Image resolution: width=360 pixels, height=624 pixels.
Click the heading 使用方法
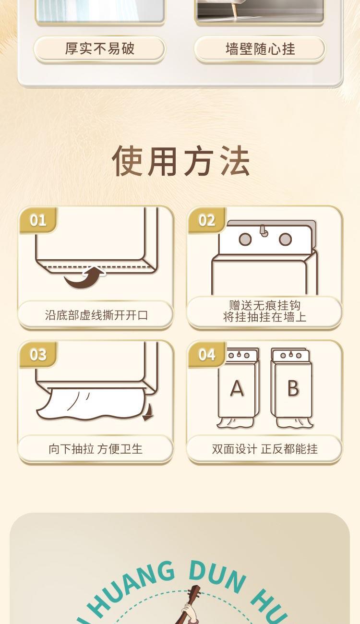180,161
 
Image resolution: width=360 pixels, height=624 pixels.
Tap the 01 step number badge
38,220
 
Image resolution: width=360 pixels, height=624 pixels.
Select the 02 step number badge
207,220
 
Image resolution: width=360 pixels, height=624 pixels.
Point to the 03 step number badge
38,355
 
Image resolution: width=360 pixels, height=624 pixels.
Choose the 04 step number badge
207,355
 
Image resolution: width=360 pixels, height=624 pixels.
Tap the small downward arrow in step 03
148,412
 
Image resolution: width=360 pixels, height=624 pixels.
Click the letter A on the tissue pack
237,388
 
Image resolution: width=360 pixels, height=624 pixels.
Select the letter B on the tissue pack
293,388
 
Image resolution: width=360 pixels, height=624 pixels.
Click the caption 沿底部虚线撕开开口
96,315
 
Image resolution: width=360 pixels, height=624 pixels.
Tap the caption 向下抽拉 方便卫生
96,449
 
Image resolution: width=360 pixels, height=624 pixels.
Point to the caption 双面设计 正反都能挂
264,449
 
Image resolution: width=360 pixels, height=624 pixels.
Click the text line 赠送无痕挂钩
264,305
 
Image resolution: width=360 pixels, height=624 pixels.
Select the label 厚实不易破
99,48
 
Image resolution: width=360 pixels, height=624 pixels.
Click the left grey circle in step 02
245,240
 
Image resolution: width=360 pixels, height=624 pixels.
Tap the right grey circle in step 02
285,240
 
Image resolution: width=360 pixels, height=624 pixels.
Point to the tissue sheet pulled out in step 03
92,404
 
